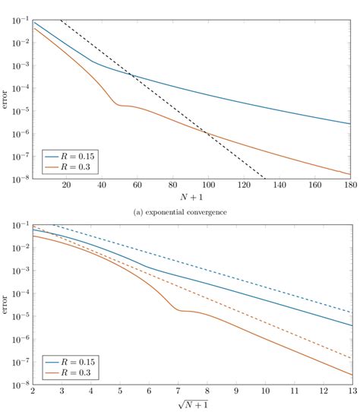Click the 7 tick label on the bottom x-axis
click(177, 393)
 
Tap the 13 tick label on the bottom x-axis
click(350, 393)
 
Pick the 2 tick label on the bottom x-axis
click(33, 393)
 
